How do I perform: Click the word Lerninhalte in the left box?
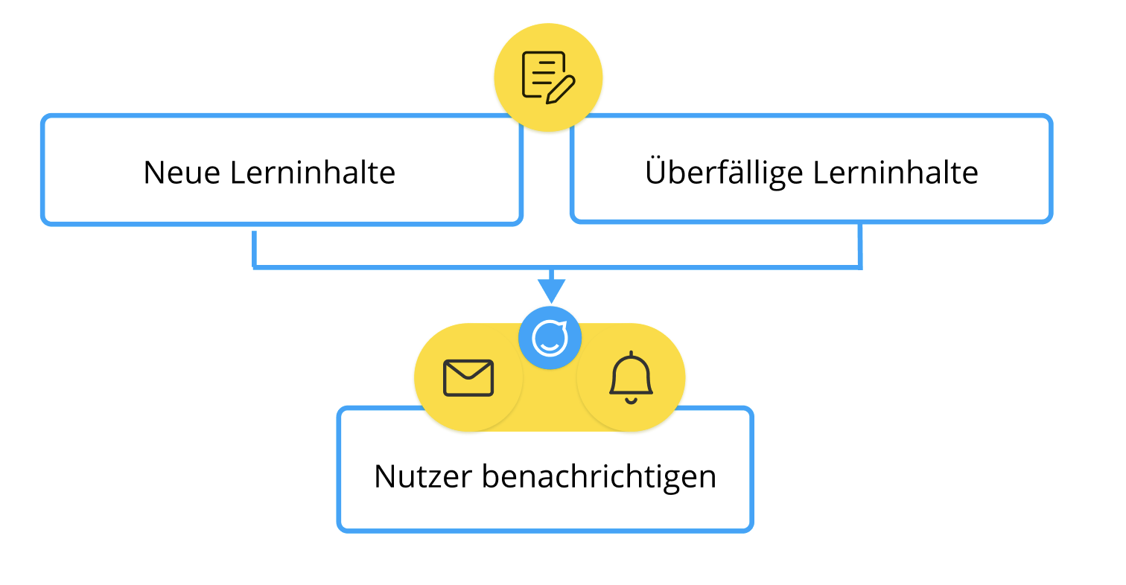[312, 173]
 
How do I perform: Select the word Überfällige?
[724, 173]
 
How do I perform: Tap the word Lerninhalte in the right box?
[895, 173]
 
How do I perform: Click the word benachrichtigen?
[599, 476]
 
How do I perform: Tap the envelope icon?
[468, 377]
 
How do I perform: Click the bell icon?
[631, 374]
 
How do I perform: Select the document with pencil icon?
[548, 77]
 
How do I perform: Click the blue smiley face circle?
[550, 338]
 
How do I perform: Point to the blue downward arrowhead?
[550, 290]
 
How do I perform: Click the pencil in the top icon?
[562, 89]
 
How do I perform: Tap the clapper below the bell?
[631, 400]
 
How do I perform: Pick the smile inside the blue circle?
[550, 345]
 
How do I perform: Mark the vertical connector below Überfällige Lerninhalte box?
[860, 244]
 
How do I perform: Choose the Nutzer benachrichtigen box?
[545, 506]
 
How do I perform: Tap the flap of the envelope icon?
[468, 370]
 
